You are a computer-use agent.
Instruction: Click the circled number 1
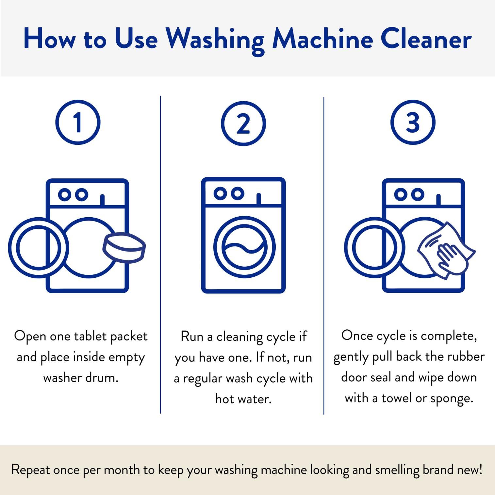coord(78,123)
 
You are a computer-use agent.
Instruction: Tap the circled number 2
coord(243,124)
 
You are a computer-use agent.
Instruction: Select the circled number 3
coord(413,123)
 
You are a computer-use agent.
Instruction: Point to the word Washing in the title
coord(215,40)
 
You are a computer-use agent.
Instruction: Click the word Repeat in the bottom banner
coord(30,470)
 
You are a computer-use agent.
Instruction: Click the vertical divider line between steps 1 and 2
coord(160,255)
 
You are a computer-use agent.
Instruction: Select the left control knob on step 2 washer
coord(220,193)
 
